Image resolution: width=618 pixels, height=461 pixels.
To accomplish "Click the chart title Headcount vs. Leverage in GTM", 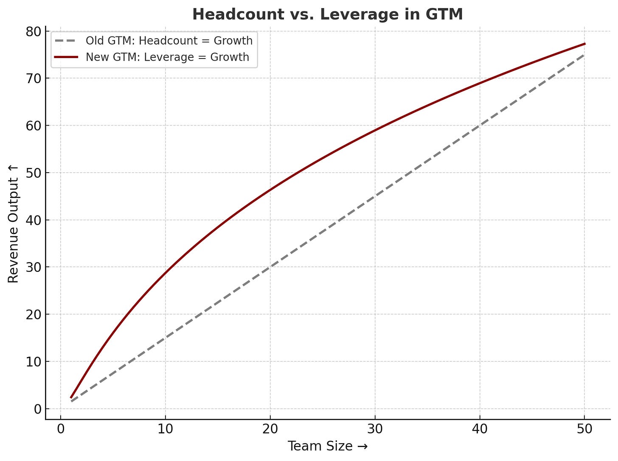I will pyautogui.click(x=327, y=14).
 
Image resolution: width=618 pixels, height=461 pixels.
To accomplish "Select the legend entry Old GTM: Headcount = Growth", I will pyautogui.click(x=169, y=41).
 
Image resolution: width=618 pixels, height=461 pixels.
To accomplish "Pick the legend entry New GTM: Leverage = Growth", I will pyautogui.click(x=167, y=57).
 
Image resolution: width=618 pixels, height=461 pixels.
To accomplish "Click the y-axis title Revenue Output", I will pyautogui.click(x=14, y=224).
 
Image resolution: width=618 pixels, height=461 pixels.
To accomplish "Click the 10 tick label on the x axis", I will pyautogui.click(x=166, y=429).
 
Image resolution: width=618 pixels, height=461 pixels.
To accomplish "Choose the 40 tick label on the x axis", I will pyautogui.click(x=480, y=429).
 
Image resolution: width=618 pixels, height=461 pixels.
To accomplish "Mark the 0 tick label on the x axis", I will pyautogui.click(x=61, y=429).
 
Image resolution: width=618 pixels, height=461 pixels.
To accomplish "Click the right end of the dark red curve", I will pyautogui.click(x=585, y=44).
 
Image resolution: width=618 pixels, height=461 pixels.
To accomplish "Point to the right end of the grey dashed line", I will pyautogui.click(x=585, y=55).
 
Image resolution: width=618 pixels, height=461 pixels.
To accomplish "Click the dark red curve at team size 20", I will pyautogui.click(x=270, y=190).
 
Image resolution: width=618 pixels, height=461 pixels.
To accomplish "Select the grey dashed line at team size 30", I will pyautogui.click(x=375, y=196).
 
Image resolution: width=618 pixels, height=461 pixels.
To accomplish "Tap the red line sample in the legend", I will pyautogui.click(x=66, y=57).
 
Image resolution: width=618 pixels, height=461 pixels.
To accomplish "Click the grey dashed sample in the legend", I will pyautogui.click(x=66, y=41).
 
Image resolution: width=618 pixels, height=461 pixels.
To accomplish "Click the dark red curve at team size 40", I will pyautogui.click(x=480, y=83).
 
